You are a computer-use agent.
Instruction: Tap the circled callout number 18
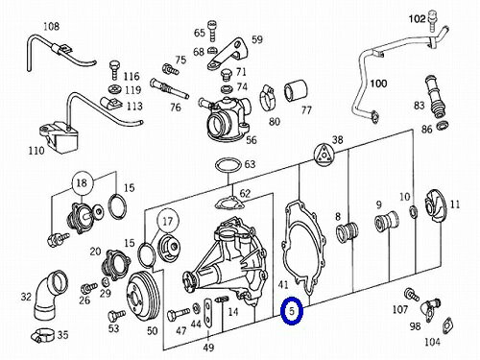pyautogui.click(x=82, y=183)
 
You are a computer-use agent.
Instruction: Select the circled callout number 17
pyautogui.click(x=167, y=221)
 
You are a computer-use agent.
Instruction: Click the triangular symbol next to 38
pyautogui.click(x=324, y=155)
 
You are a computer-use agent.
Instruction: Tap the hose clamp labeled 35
pyautogui.click(x=43, y=335)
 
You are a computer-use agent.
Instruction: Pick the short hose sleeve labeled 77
pyautogui.click(x=296, y=91)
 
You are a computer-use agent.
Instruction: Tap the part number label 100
pyautogui.click(x=378, y=84)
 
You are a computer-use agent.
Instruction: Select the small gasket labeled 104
pyautogui.click(x=447, y=326)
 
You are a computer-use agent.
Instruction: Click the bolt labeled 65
pyautogui.click(x=211, y=31)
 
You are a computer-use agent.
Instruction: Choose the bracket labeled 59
pyautogui.click(x=228, y=54)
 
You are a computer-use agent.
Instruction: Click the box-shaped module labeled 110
pyautogui.click(x=59, y=137)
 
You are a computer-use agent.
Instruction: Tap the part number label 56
pyautogui.click(x=252, y=140)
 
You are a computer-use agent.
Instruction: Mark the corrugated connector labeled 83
pyautogui.click(x=434, y=96)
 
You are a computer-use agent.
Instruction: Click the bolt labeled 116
pyautogui.click(x=114, y=69)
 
